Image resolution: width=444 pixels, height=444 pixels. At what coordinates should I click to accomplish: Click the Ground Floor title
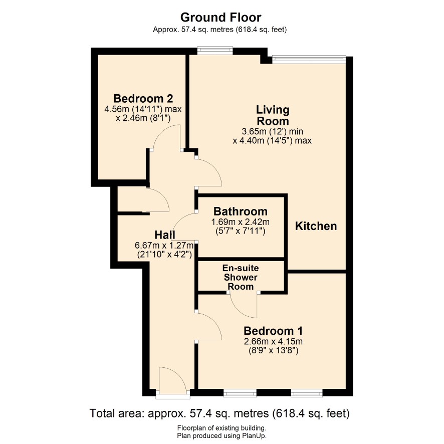coord(220,17)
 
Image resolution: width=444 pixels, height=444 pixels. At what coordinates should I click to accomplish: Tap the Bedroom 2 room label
coord(143,99)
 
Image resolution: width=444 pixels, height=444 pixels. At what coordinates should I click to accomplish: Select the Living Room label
coord(273,115)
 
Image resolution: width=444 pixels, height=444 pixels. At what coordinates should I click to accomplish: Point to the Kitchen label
coord(316,226)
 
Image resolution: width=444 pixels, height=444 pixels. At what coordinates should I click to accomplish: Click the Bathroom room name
coord(241,211)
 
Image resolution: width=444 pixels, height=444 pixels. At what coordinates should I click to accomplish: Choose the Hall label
coord(165,235)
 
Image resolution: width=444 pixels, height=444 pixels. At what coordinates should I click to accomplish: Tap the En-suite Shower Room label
coord(241,277)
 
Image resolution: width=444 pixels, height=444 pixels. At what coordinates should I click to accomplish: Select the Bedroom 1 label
coord(273,331)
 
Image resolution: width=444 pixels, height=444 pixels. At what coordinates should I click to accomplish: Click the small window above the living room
coord(215,51)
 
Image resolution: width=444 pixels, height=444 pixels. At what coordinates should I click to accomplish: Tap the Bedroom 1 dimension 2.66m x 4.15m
coord(273,341)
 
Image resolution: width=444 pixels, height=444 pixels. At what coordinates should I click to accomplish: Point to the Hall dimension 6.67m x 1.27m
coord(164,245)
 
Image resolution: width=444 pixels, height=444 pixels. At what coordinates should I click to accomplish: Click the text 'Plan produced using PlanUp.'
coord(221,436)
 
